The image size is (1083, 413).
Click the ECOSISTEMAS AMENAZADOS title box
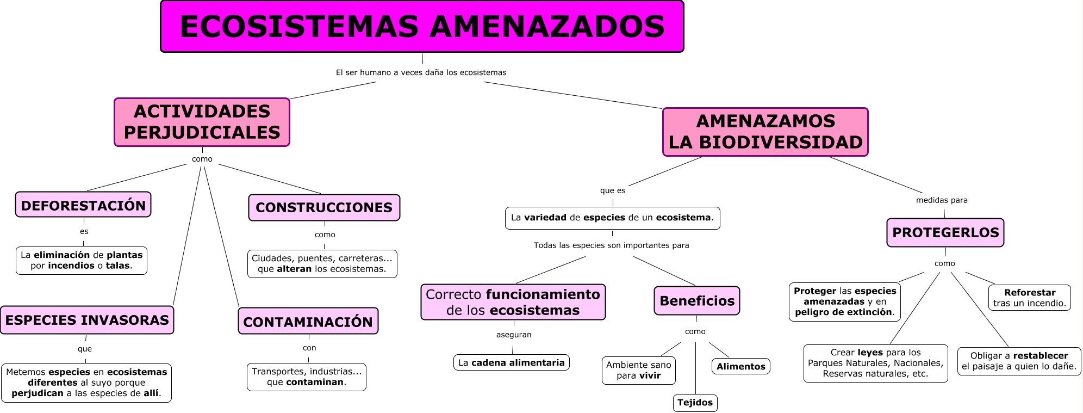[x=422, y=27]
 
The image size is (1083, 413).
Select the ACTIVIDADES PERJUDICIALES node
[x=202, y=122]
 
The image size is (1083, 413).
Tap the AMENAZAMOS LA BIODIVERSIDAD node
[x=765, y=132]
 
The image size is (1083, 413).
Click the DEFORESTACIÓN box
[x=83, y=205]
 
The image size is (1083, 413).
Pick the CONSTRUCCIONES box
[x=324, y=207]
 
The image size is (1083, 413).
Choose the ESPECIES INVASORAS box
[x=87, y=320]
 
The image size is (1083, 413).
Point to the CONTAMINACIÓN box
[x=308, y=322]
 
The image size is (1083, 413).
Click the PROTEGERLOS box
[x=945, y=232]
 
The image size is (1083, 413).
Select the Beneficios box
[x=696, y=301]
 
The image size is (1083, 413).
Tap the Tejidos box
[x=695, y=403]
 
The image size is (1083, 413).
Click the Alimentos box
[x=740, y=367]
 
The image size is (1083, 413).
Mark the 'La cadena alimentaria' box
[x=511, y=362]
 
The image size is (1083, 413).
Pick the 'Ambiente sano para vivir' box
[x=638, y=370]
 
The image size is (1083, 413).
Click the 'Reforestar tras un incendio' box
[x=1029, y=298]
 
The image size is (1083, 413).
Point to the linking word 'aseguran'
[x=514, y=335]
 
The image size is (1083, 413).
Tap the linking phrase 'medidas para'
[x=942, y=200]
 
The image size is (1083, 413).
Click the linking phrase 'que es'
[x=613, y=190]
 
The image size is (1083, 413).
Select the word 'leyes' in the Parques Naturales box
[x=870, y=353]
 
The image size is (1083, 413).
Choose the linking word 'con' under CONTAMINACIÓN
[x=309, y=348]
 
